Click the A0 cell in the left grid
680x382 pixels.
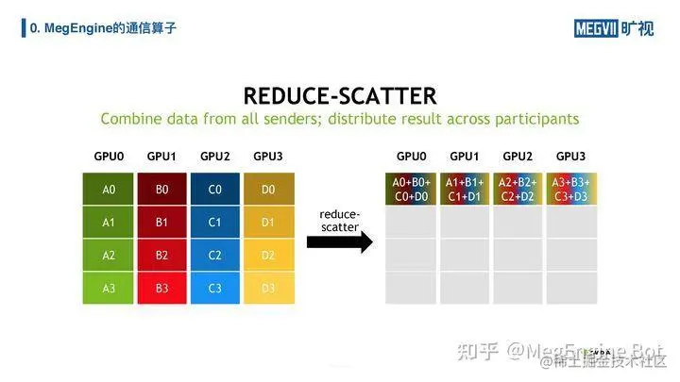[110, 189]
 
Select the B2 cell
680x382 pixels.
[162, 255]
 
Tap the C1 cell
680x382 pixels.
[215, 222]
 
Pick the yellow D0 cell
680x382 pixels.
[269, 189]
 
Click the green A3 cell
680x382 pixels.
[110, 288]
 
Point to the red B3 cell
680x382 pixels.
[162, 288]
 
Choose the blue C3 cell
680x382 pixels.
[215, 288]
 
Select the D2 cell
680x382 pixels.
[269, 255]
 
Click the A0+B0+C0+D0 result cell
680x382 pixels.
[411, 189]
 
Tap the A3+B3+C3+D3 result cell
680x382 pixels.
[571, 189]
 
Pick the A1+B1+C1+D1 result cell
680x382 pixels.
[464, 189]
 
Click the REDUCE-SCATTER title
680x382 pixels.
[340, 95]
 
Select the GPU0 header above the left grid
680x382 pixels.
[110, 156]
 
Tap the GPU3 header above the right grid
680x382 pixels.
[571, 156]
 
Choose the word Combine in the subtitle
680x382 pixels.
[131, 120]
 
